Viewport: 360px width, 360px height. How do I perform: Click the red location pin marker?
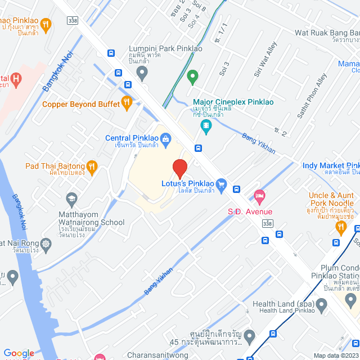tap(179, 168)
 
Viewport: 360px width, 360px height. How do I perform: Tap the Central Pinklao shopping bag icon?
tap(165, 138)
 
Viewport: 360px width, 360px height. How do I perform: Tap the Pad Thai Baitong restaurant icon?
tap(92, 166)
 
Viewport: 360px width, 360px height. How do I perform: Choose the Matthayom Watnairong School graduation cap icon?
tap(71, 199)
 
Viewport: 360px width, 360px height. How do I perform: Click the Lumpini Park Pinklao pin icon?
tap(142, 71)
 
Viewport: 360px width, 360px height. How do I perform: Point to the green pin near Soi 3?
tap(192, 76)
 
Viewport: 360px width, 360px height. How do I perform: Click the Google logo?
tap(19, 353)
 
